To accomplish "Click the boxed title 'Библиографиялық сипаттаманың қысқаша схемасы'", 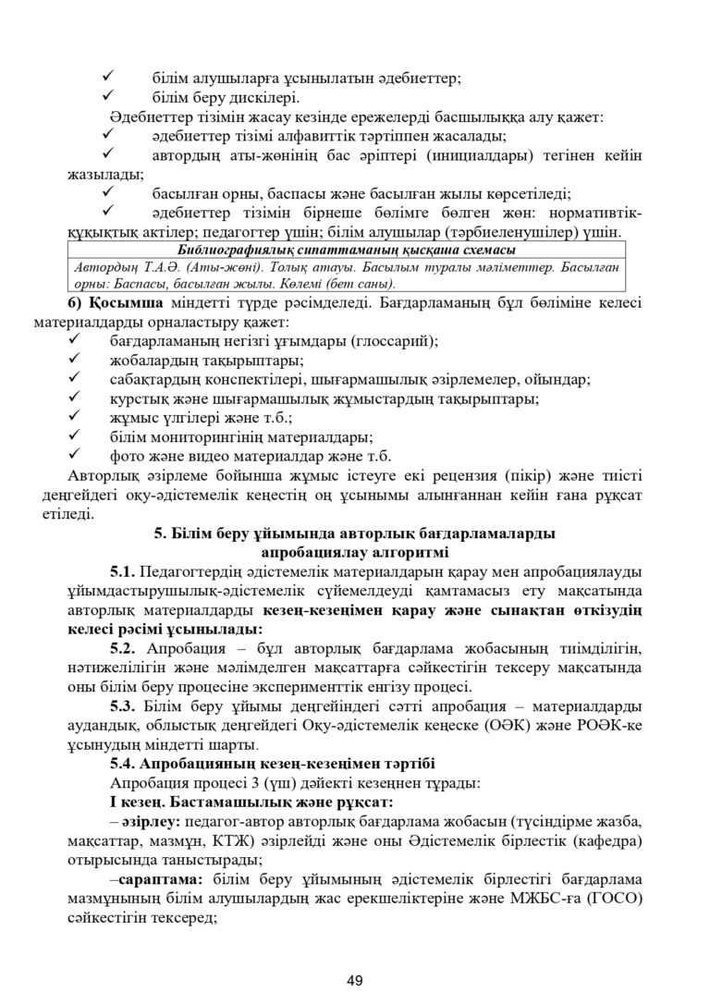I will point(346,250).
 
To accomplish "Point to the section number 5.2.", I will point(123,647).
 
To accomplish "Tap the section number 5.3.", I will point(123,705).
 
